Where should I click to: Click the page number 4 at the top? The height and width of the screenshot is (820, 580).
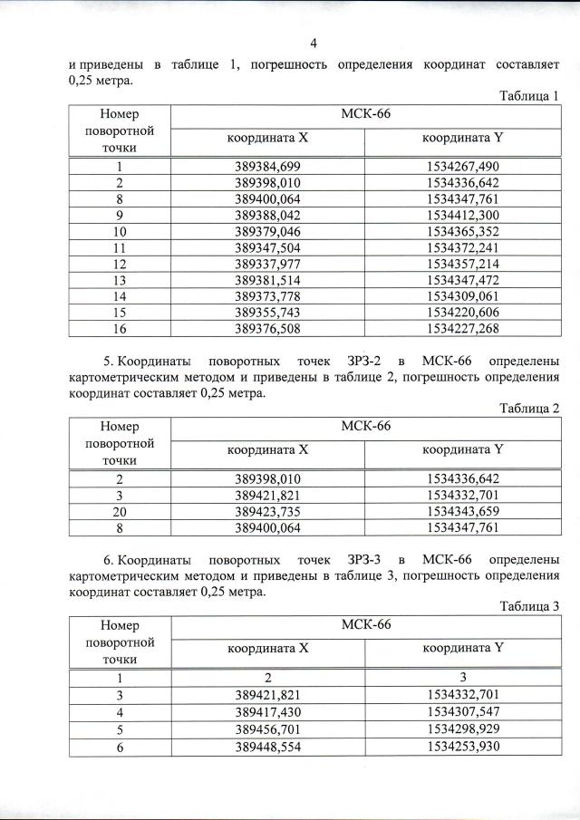[314, 43]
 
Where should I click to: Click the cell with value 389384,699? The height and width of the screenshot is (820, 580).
[267, 167]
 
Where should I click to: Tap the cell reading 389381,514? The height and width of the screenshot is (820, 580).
[267, 280]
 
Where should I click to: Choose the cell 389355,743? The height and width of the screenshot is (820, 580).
[267, 313]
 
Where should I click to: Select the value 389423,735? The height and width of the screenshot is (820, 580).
[267, 511]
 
